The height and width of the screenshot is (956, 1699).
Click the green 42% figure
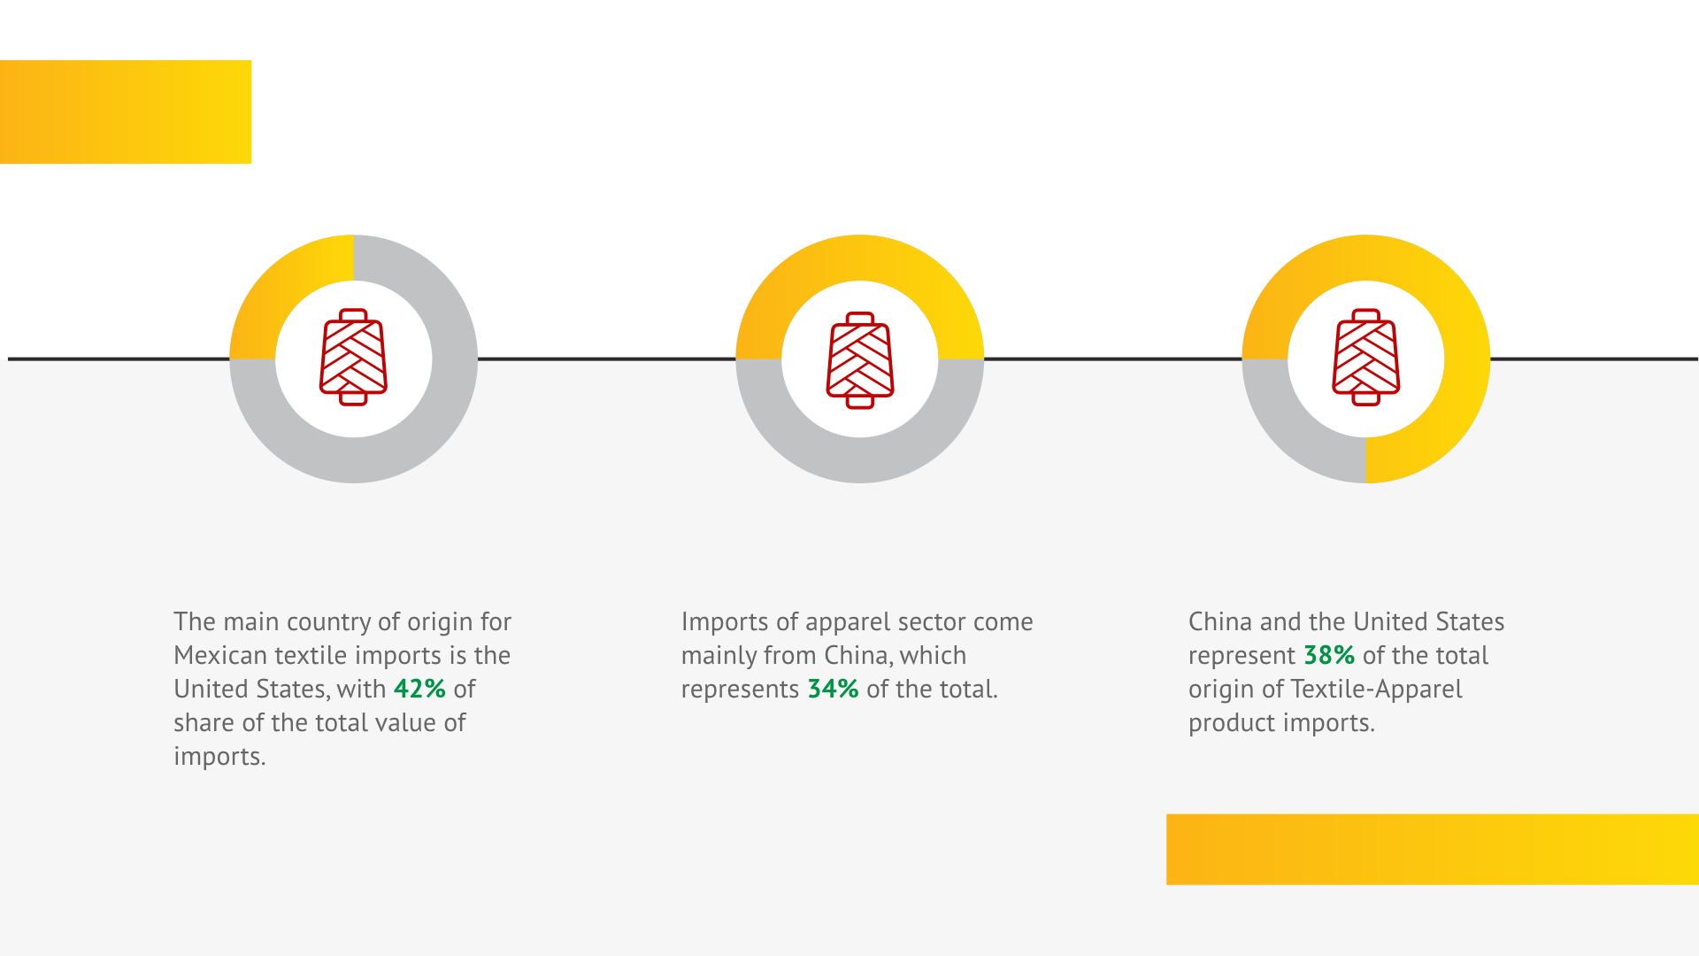(419, 689)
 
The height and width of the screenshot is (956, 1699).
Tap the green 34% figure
(833, 689)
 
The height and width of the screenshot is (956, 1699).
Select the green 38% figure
(1329, 655)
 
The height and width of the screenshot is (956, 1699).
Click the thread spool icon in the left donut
(353, 358)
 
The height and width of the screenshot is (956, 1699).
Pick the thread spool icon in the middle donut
(860, 360)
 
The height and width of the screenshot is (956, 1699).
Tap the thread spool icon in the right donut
(1366, 358)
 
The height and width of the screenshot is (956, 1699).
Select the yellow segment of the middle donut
(860, 258)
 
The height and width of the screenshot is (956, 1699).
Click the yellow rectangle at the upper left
(126, 112)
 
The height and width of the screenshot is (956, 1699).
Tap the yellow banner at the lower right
(1433, 849)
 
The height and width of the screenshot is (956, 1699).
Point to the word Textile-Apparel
(1376, 690)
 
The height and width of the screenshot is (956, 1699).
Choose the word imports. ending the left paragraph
(219, 757)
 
